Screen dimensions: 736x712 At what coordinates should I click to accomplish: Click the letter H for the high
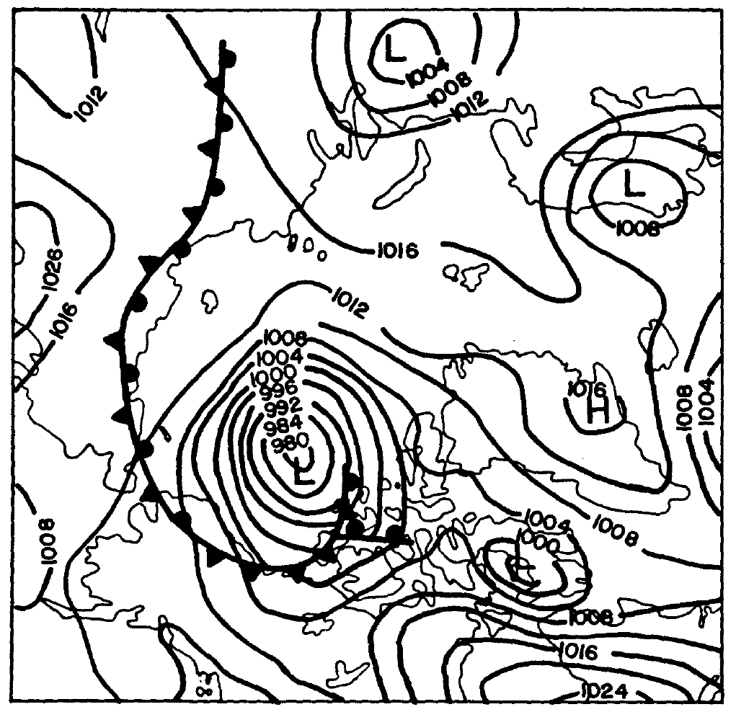(598, 412)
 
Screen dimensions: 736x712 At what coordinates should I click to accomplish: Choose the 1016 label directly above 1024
(577, 653)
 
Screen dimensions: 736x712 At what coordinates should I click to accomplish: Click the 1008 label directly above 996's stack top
(286, 337)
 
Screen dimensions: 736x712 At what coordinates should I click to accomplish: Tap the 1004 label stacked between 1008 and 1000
(283, 356)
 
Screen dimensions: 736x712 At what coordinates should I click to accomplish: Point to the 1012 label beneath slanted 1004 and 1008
(471, 104)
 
